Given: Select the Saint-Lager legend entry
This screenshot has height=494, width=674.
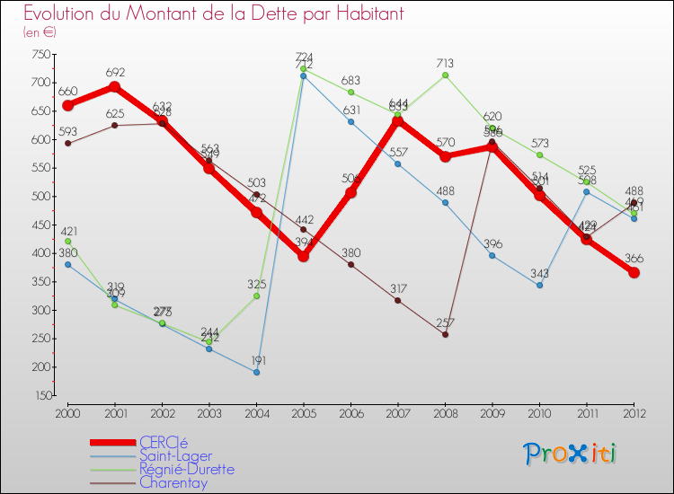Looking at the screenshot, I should (x=175, y=455).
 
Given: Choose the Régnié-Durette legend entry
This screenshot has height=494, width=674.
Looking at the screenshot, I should (x=187, y=469).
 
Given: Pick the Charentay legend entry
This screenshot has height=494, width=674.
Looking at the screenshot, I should (x=173, y=482).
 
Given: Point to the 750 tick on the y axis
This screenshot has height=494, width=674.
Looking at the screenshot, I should (x=40, y=54).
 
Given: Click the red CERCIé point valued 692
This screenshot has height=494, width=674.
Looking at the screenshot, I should (x=115, y=87).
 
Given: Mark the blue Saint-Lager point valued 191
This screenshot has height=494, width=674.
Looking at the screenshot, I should (x=256, y=372).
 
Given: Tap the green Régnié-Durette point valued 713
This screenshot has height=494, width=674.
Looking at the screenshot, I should (x=445, y=75).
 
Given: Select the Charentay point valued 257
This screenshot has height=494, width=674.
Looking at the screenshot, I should (x=445, y=335).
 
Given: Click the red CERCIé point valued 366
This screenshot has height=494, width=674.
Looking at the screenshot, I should (x=634, y=272).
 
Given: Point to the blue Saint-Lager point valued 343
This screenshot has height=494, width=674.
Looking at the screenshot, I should (x=539, y=286).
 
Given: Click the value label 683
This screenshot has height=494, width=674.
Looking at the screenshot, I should (x=350, y=81).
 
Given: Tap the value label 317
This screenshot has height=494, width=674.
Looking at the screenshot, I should (x=397, y=288).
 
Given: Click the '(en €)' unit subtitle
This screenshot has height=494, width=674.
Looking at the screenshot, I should (x=40, y=32).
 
